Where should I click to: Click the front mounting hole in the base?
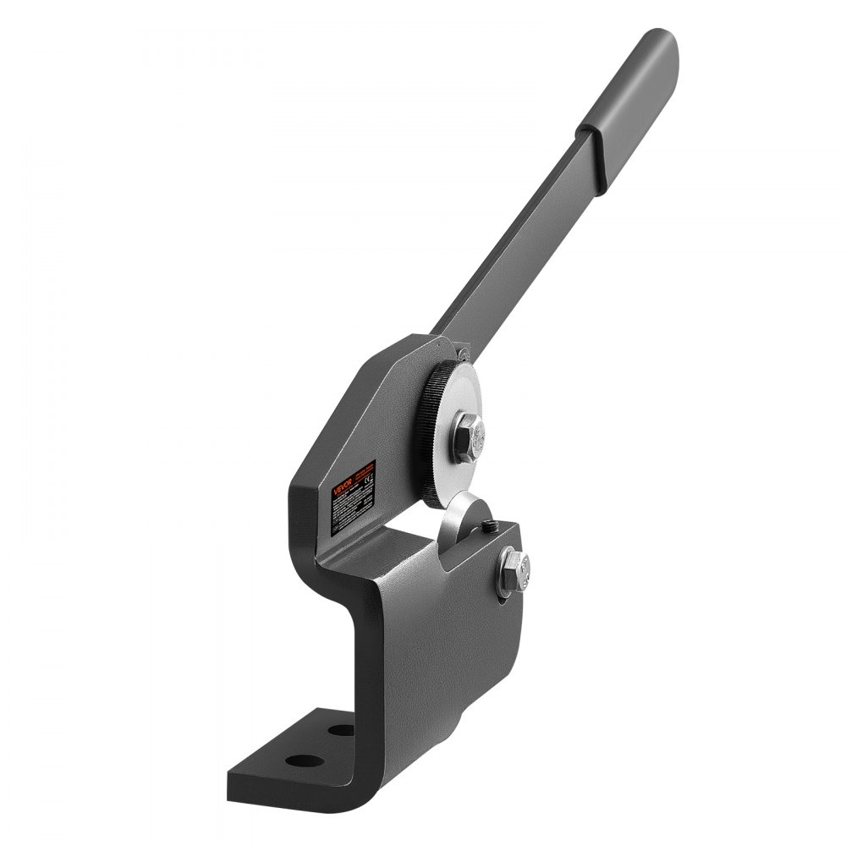(x=297, y=759)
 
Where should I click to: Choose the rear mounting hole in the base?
(x=341, y=728)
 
